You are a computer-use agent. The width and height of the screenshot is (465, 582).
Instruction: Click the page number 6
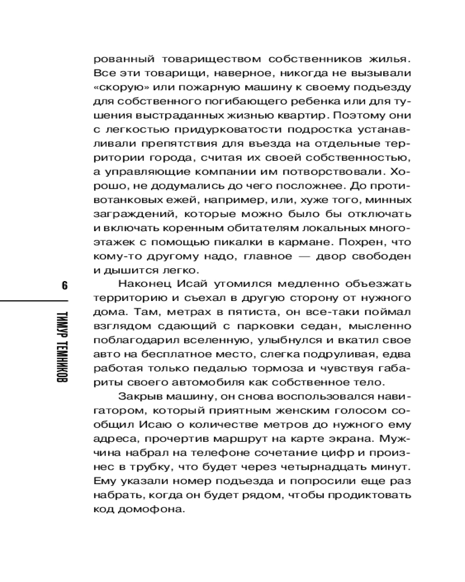pyautogui.click(x=64, y=285)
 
